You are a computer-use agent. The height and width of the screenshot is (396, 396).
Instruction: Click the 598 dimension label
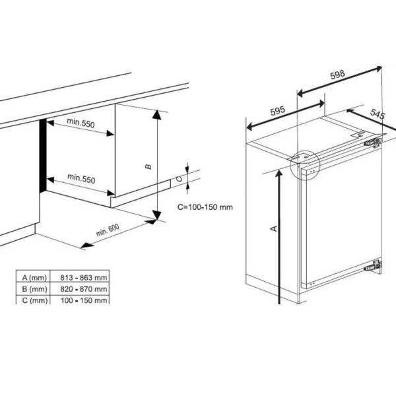337,75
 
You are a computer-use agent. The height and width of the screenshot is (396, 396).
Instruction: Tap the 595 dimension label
278,111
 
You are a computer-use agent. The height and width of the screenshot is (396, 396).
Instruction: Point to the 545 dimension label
378,114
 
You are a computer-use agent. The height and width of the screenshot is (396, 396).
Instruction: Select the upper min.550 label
81,123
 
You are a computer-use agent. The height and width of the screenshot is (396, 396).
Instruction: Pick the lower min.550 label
81,178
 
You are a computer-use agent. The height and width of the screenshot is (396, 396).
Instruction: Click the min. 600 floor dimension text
108,230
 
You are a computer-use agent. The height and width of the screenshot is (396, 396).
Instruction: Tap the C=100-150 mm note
205,207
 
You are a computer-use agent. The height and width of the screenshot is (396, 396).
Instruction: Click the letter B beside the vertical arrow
148,167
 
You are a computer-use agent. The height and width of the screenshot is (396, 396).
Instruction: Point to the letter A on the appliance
274,228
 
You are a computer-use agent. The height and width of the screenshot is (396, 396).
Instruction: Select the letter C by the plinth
179,179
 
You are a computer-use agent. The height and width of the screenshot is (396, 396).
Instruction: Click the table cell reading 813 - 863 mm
84,278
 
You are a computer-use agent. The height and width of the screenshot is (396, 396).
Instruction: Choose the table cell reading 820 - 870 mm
84,289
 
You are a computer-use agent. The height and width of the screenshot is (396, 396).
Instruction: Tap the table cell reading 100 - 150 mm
84,300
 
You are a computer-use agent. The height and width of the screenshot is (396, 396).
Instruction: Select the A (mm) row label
34,278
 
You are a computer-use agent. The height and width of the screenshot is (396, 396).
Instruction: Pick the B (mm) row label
34,289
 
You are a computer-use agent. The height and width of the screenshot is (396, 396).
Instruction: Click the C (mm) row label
35,300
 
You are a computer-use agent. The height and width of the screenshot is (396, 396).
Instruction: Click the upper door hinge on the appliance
373,143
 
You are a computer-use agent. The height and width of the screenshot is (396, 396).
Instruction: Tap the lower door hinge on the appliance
373,266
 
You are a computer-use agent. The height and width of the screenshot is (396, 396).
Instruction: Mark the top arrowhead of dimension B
157,114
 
